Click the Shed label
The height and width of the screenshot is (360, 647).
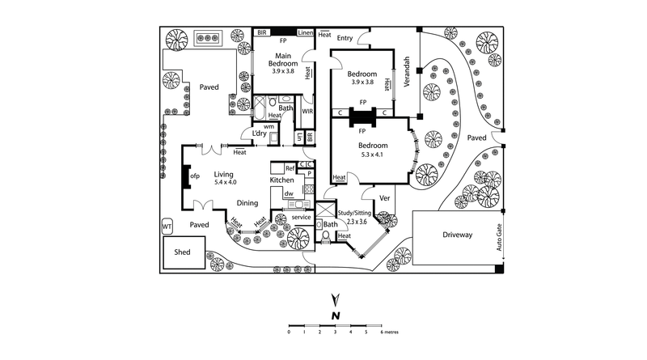click(183, 252)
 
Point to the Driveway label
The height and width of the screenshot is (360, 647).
click(457, 235)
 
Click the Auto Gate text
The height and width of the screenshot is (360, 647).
click(500, 239)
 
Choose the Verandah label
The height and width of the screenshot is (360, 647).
click(408, 71)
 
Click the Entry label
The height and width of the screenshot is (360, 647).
click(345, 38)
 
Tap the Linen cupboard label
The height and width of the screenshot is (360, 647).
click(305, 32)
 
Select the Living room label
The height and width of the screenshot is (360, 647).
click(223, 174)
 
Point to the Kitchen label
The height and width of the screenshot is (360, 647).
click(281, 180)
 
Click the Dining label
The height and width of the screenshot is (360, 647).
click(247, 203)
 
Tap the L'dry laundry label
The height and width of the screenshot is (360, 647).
click(260, 133)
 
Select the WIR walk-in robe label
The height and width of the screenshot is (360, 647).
click(307, 111)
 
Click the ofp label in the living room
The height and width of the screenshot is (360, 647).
click(194, 176)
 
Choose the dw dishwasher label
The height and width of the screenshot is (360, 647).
click(288, 193)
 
